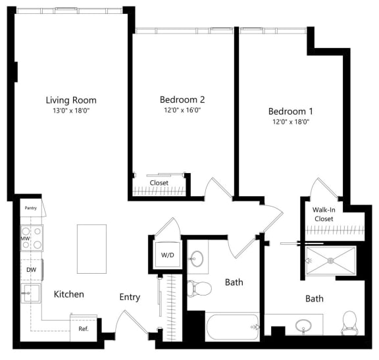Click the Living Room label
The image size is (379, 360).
[x=71, y=100]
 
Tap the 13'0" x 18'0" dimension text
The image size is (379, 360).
[x=71, y=111]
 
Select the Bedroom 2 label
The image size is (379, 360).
[x=182, y=99]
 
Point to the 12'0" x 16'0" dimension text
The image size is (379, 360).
[x=182, y=110]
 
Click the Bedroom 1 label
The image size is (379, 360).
[x=290, y=111]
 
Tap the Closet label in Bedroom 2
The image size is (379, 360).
[x=159, y=182]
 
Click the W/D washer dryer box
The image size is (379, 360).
[x=166, y=255]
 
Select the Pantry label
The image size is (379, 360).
[x=31, y=208]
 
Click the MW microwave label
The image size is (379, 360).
[x=25, y=238]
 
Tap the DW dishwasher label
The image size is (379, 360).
[x=30, y=270]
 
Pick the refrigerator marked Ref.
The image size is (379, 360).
[x=84, y=328]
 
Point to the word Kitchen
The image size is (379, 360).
[x=68, y=294]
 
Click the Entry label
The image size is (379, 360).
[x=130, y=297]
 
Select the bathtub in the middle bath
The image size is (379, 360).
[x=234, y=326]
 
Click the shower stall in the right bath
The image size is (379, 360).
[x=330, y=261]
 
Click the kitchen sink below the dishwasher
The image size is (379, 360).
[x=30, y=294]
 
